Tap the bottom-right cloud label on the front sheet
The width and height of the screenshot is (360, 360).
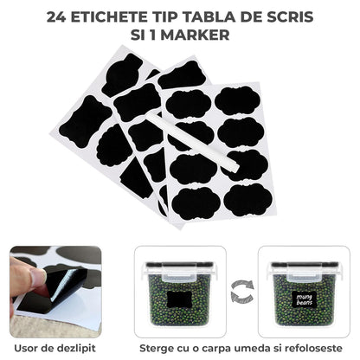click(x=247, y=200)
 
